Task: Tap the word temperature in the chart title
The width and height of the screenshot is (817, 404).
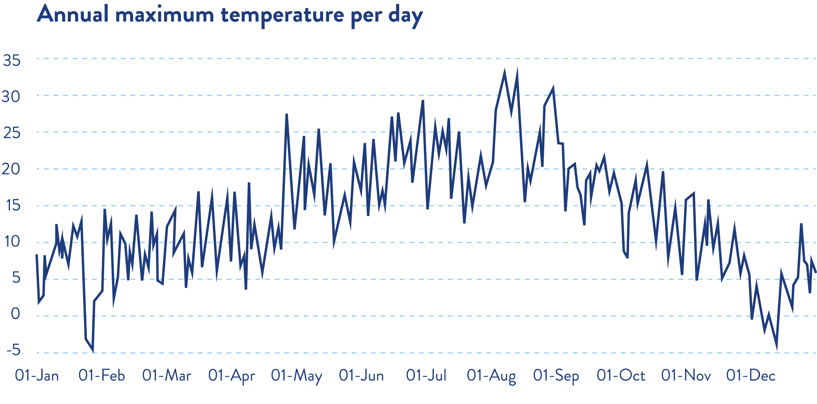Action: [282, 16]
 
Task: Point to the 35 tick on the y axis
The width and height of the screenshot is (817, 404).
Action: [12, 60]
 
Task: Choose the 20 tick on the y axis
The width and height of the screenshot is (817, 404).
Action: [11, 169]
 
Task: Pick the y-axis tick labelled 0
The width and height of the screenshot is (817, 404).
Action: [15, 314]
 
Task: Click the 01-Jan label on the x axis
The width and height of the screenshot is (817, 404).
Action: [37, 376]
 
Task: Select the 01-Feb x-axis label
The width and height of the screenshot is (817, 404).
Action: [101, 376]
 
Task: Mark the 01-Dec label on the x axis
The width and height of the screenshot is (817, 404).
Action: [751, 376]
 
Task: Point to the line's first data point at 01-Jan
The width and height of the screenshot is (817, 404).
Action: [37, 255]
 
